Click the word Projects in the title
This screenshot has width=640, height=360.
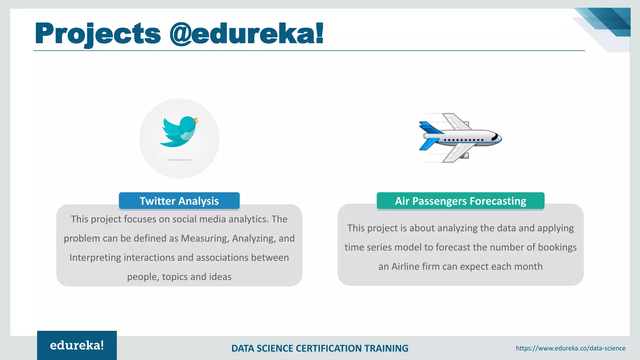coord(98,34)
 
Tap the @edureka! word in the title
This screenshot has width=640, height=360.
coord(246,34)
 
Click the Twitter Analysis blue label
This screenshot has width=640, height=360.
coord(179,201)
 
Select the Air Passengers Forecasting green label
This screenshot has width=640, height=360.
coord(460,201)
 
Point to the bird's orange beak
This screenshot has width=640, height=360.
coord(196,120)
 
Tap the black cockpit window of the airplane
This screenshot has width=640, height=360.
coord(495,137)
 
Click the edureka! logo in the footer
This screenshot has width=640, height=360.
coord(77,345)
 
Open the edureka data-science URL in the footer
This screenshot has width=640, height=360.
coord(571,348)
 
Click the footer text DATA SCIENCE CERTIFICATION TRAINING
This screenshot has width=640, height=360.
coord(320,348)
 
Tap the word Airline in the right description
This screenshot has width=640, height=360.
coord(405,267)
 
